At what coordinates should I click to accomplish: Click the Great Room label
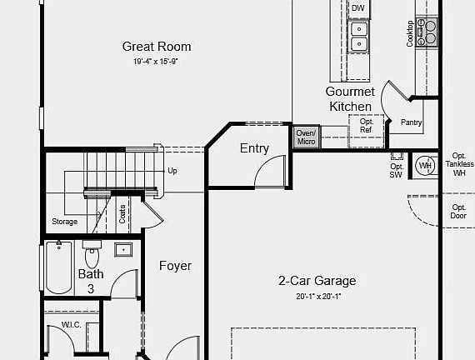pos(157,47)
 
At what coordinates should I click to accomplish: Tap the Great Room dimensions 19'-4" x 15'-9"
pos(157,62)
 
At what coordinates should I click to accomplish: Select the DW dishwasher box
pos(358,9)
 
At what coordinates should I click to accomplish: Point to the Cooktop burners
pos(431,32)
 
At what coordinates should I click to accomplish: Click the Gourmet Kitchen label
pos(350,98)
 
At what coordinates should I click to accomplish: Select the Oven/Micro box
pos(306,137)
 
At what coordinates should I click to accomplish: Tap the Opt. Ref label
pos(366,126)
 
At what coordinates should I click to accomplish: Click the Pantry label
pos(411,123)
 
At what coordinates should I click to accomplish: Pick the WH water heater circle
pos(425,165)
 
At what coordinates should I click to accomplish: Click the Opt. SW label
pos(396,170)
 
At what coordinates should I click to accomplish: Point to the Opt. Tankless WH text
pos(458,164)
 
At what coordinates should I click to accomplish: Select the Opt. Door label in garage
pos(458,211)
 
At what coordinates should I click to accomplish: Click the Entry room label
pos(254,148)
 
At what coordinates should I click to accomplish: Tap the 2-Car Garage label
pos(317,281)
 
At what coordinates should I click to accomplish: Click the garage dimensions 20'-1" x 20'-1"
pos(318,296)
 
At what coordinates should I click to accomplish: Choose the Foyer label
pos(175,266)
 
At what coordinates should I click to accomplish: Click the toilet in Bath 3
pos(92,252)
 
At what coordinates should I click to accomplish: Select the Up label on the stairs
pos(172,171)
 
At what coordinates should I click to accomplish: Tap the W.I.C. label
pos(71,324)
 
